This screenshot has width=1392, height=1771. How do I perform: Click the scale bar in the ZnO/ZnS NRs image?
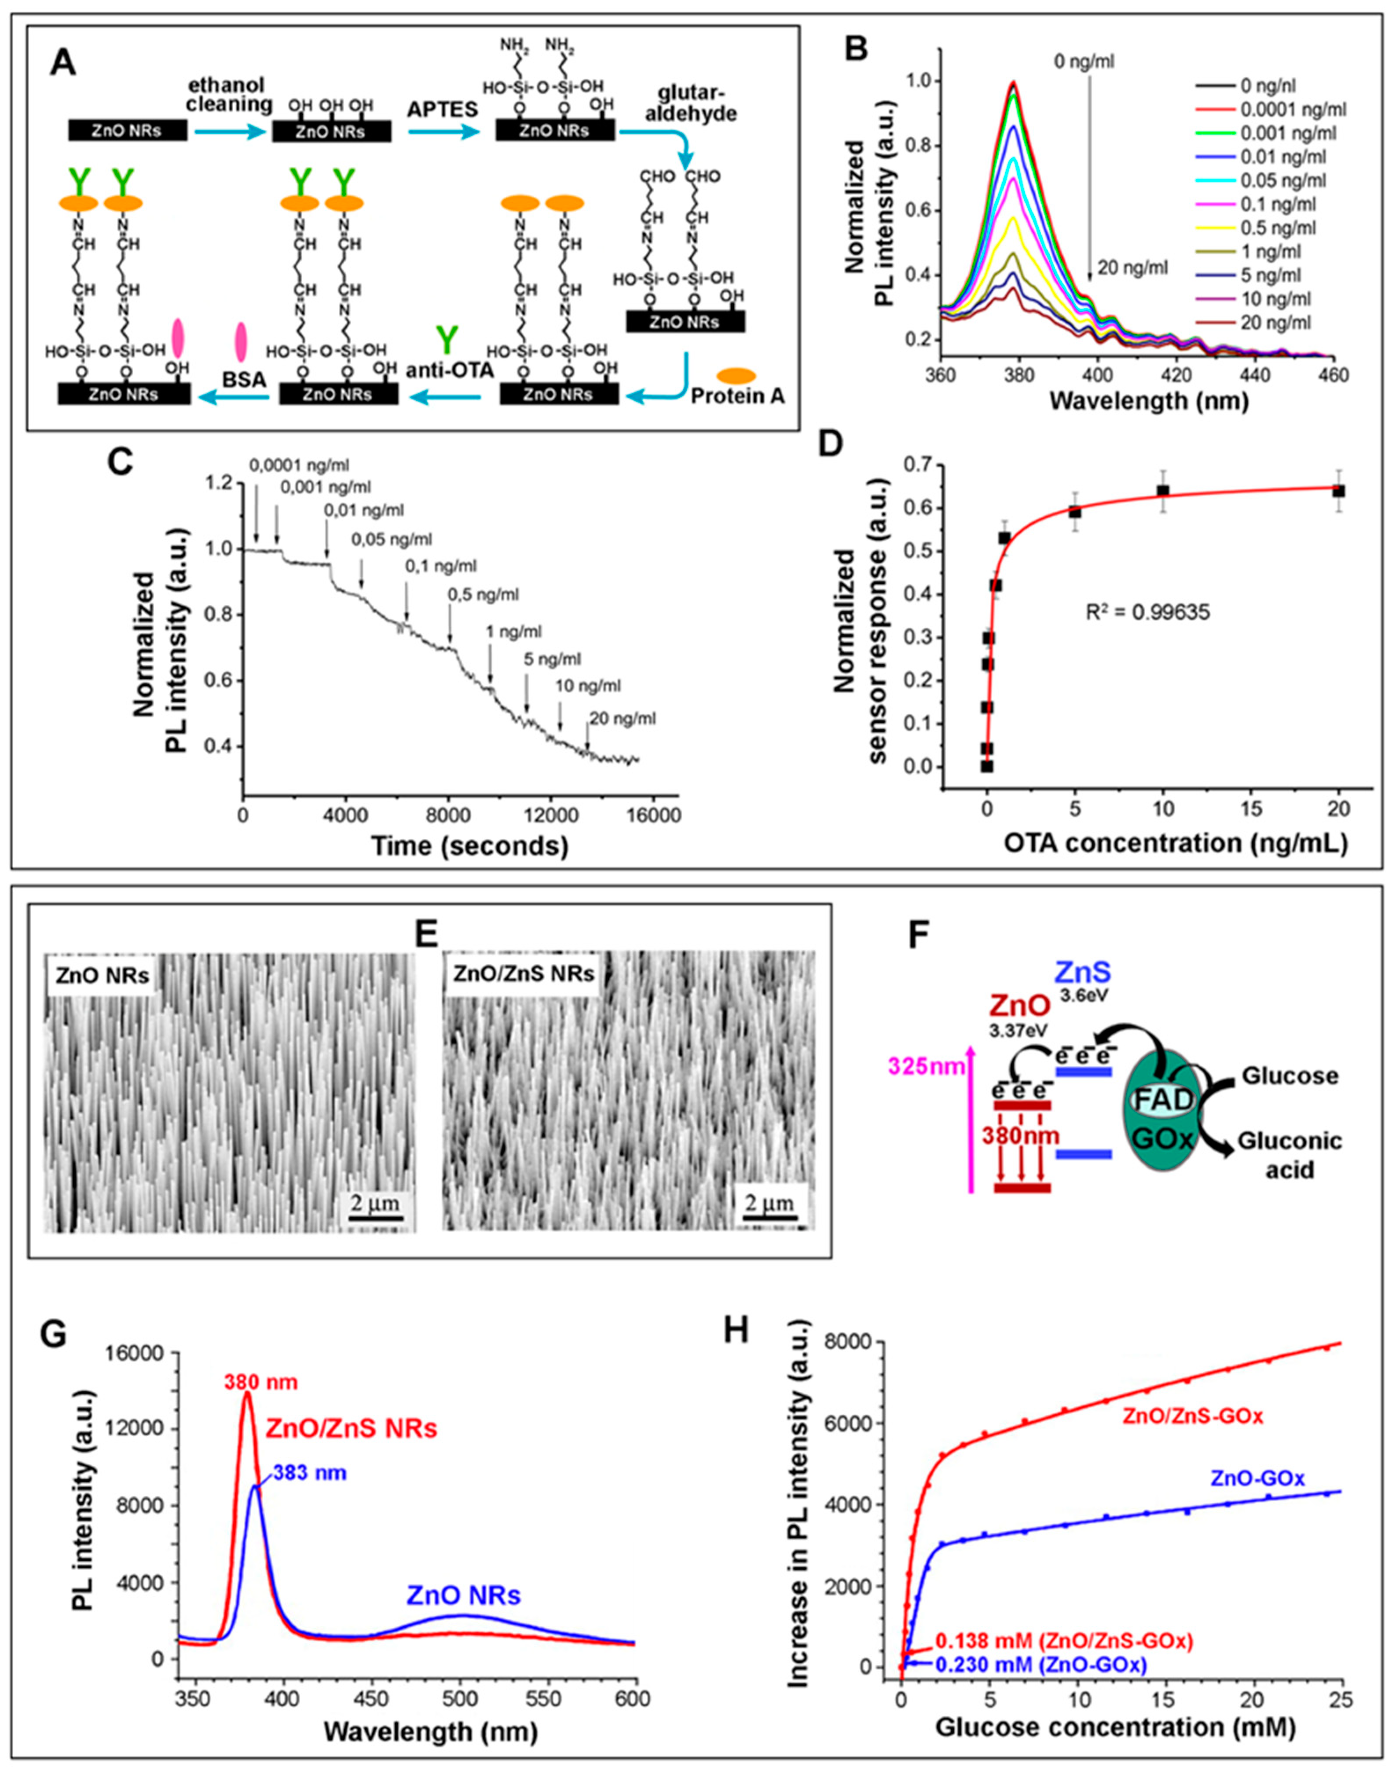point(768,1218)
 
